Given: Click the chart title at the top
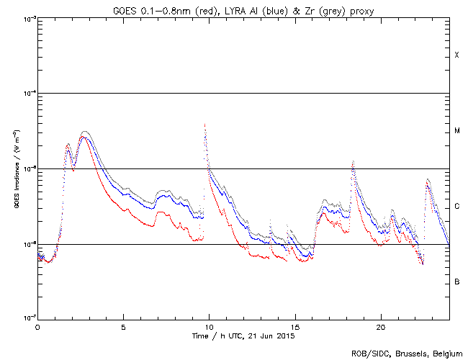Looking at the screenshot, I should [x=243, y=8].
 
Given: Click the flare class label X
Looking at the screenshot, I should [x=456, y=55].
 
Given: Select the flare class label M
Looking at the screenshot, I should [x=456, y=131].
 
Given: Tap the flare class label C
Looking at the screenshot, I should [x=456, y=207].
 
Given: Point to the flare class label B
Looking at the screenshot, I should [x=456, y=282].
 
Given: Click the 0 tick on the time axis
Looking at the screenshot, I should [x=37, y=327].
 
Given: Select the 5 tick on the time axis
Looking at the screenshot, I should [x=123, y=327].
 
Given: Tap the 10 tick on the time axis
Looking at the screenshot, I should [x=209, y=327].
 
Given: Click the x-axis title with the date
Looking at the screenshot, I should [x=243, y=336].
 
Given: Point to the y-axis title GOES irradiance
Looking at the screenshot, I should [x=15, y=168].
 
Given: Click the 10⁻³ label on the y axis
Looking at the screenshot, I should [x=26, y=19].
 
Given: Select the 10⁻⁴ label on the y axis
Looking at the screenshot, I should [x=26, y=94].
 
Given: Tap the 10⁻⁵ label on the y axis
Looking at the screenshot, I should [x=26, y=169].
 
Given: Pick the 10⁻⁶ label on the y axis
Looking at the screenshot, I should [x=26, y=244].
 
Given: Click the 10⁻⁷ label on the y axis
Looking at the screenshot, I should [x=26, y=319].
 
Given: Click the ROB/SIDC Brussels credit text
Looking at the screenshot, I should [x=408, y=353].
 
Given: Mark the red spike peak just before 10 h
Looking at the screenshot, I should [x=205, y=124].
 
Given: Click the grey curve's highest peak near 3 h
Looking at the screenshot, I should [x=85, y=132].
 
